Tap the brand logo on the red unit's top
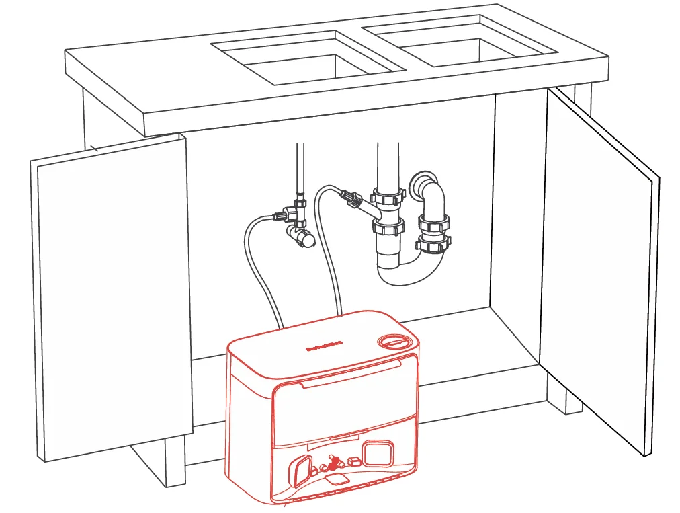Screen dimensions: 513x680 pyautogui.click(x=325, y=348)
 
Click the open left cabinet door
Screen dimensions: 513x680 pyautogui.click(x=111, y=296)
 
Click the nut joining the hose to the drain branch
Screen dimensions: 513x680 pyautogui.click(x=349, y=198)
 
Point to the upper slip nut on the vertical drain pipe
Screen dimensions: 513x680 pyautogui.click(x=389, y=198)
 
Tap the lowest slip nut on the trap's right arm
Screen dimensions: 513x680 pyautogui.click(x=431, y=245)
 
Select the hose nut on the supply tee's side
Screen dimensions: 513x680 pyautogui.click(x=278, y=216)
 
